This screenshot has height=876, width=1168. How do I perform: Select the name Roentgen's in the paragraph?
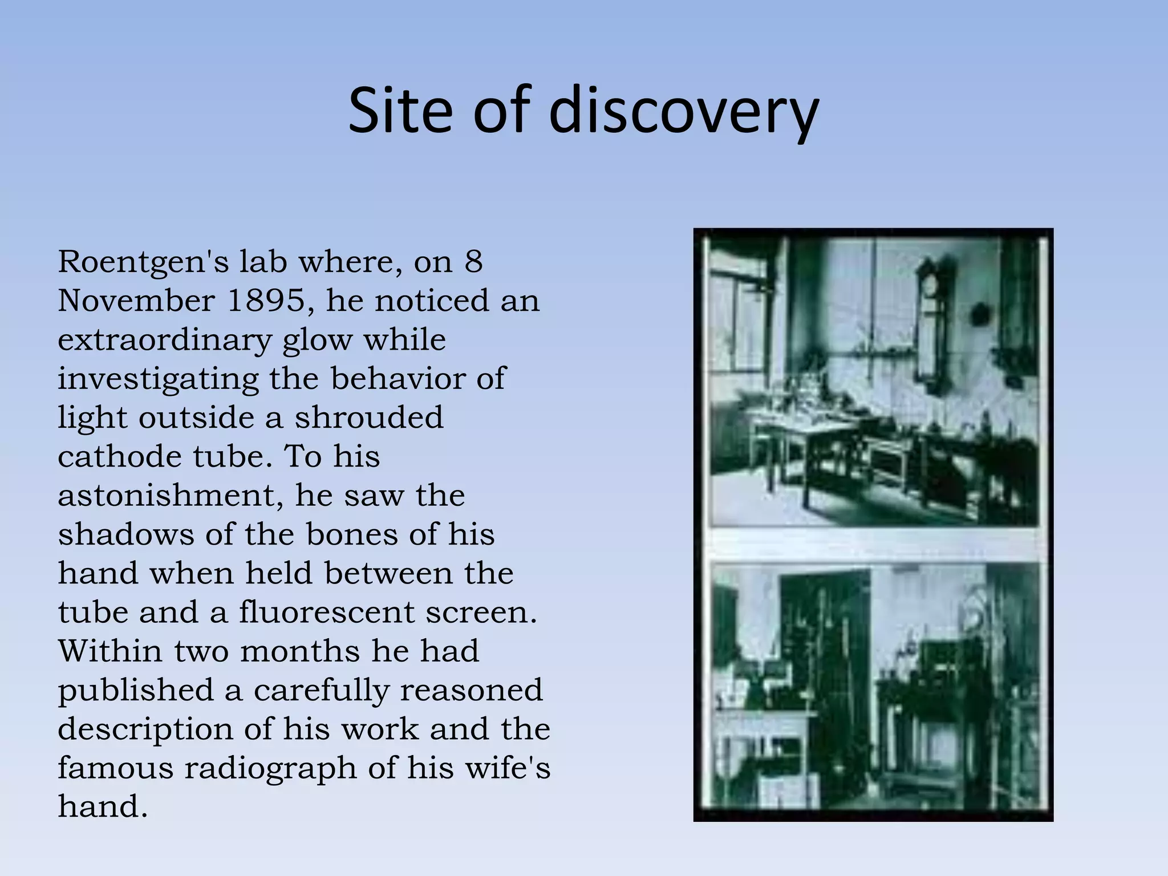coord(143,263)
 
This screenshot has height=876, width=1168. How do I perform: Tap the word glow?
coord(317,341)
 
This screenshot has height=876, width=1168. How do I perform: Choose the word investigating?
coord(157,380)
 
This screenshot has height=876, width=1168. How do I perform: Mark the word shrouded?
coord(368,417)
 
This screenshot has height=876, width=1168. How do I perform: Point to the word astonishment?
coord(171,496)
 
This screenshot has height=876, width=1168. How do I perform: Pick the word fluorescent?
coord(326,613)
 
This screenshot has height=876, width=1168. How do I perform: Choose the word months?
coord(300,651)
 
